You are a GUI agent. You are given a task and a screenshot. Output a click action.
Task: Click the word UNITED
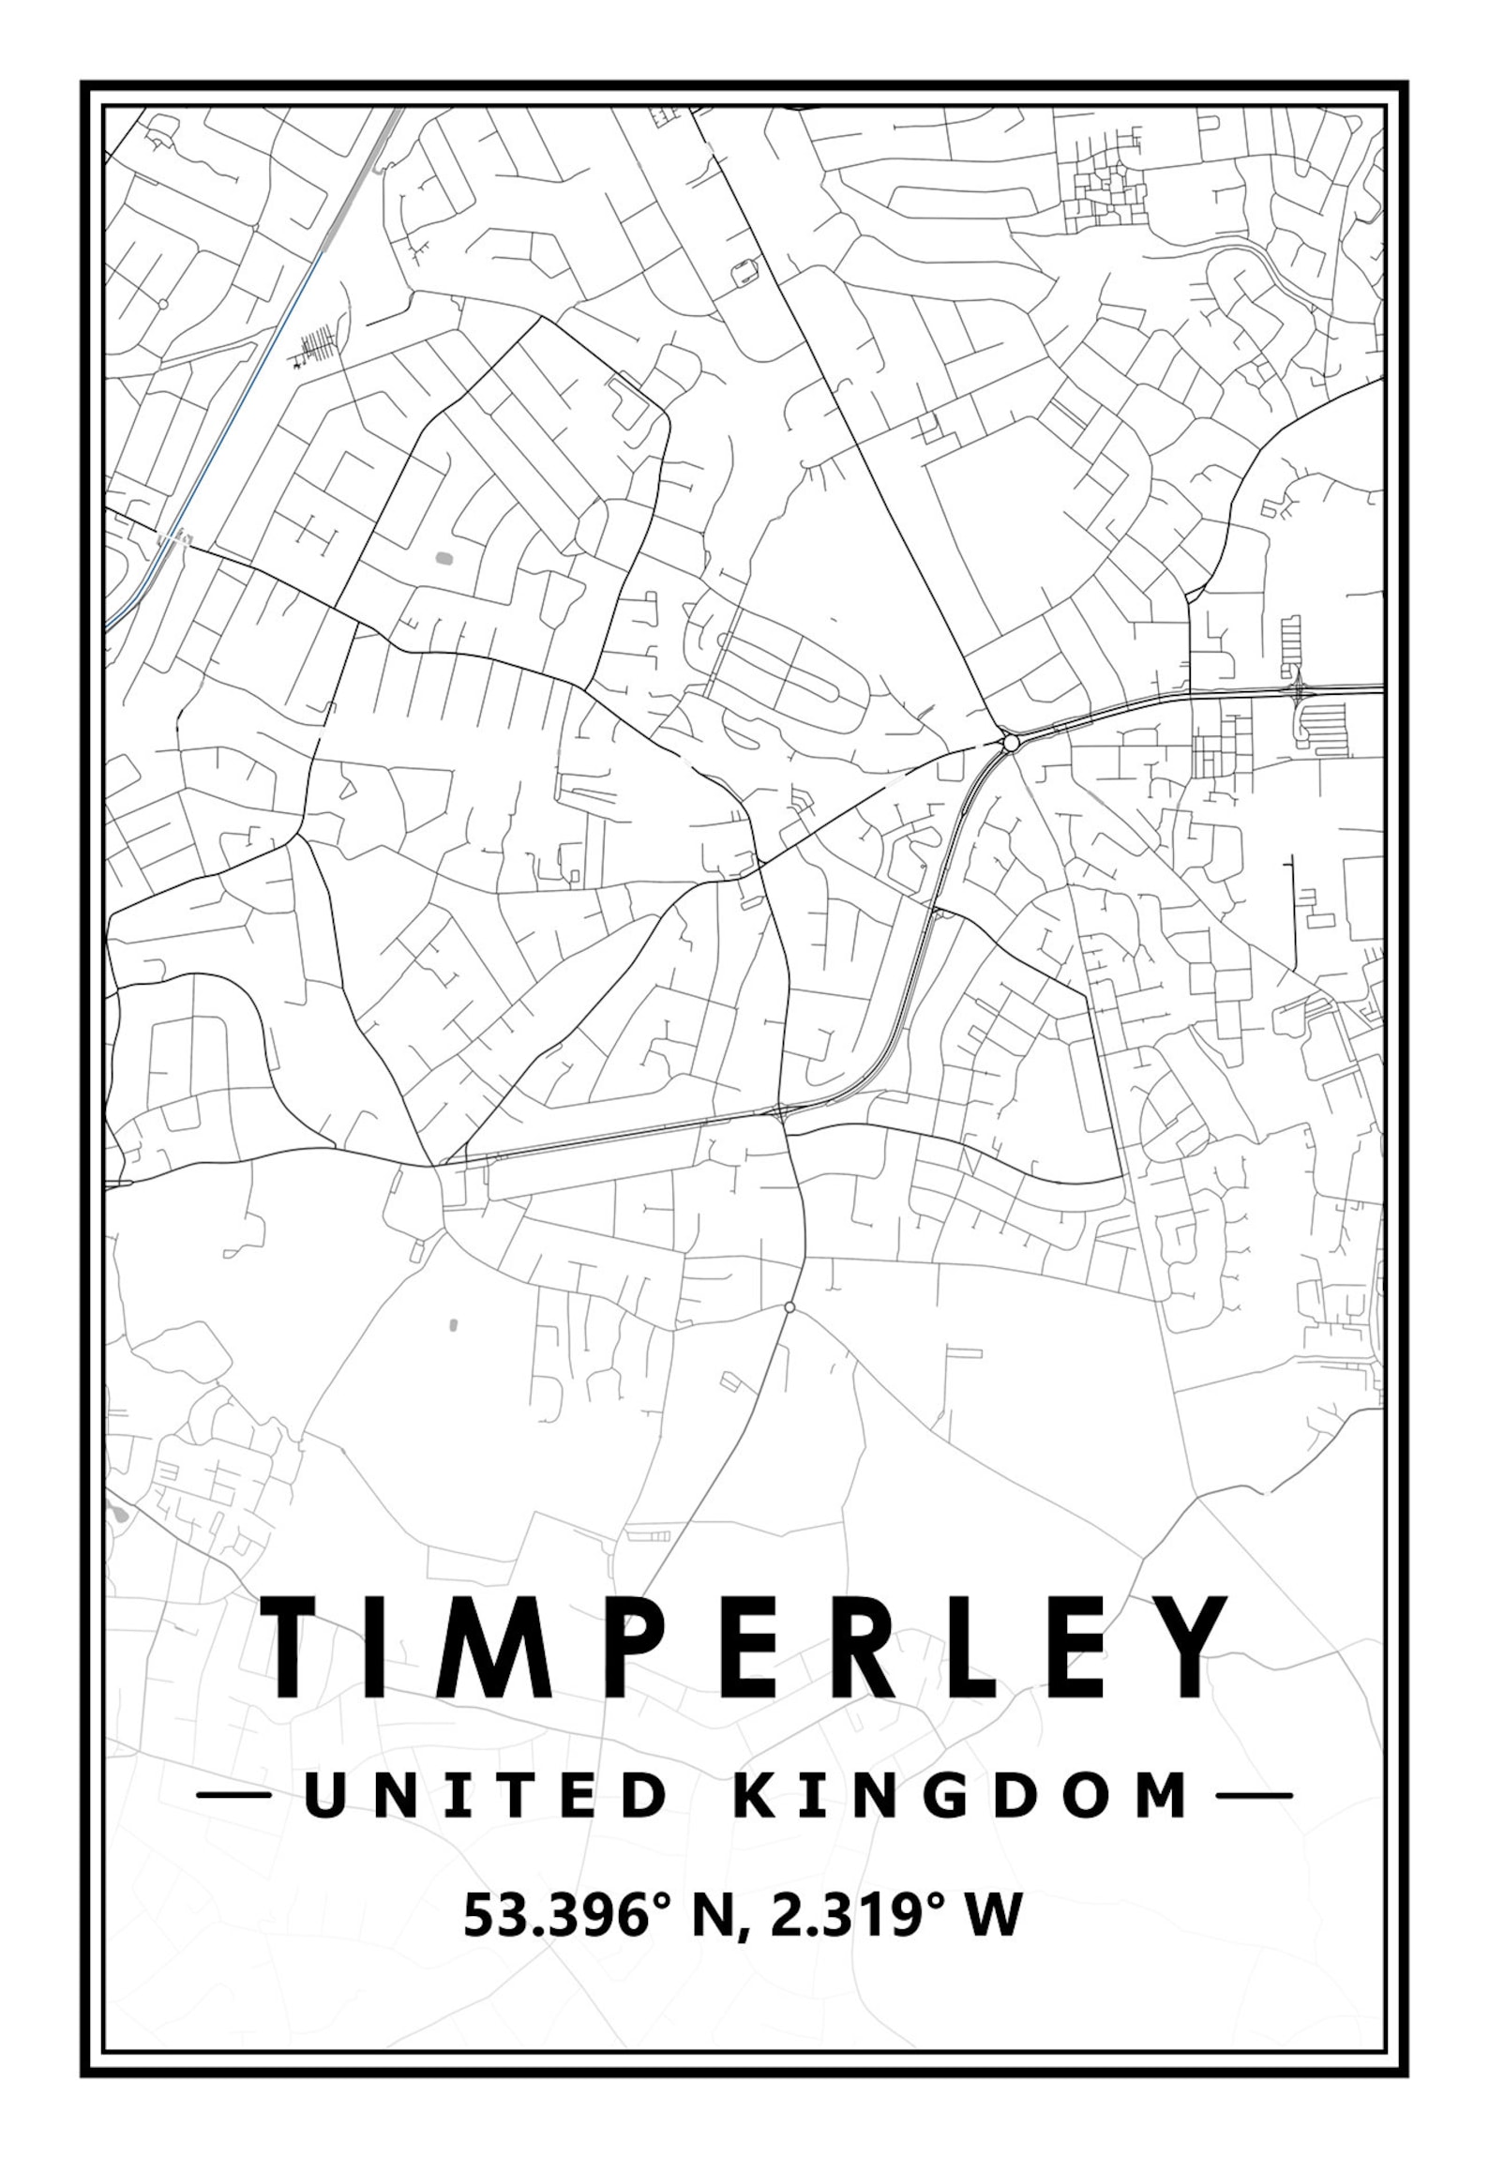point(486,1795)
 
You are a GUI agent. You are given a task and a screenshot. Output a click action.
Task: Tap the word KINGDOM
point(960,1795)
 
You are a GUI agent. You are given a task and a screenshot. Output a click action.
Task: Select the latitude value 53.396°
point(568,1915)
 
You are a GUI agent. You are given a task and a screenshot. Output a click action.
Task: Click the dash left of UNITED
point(234,1795)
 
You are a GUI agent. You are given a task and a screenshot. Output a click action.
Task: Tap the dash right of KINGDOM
point(1254,1795)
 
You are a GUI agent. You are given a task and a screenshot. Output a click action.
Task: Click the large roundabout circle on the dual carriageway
point(1010,744)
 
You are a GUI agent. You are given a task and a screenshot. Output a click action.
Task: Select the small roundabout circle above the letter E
point(790,1306)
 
